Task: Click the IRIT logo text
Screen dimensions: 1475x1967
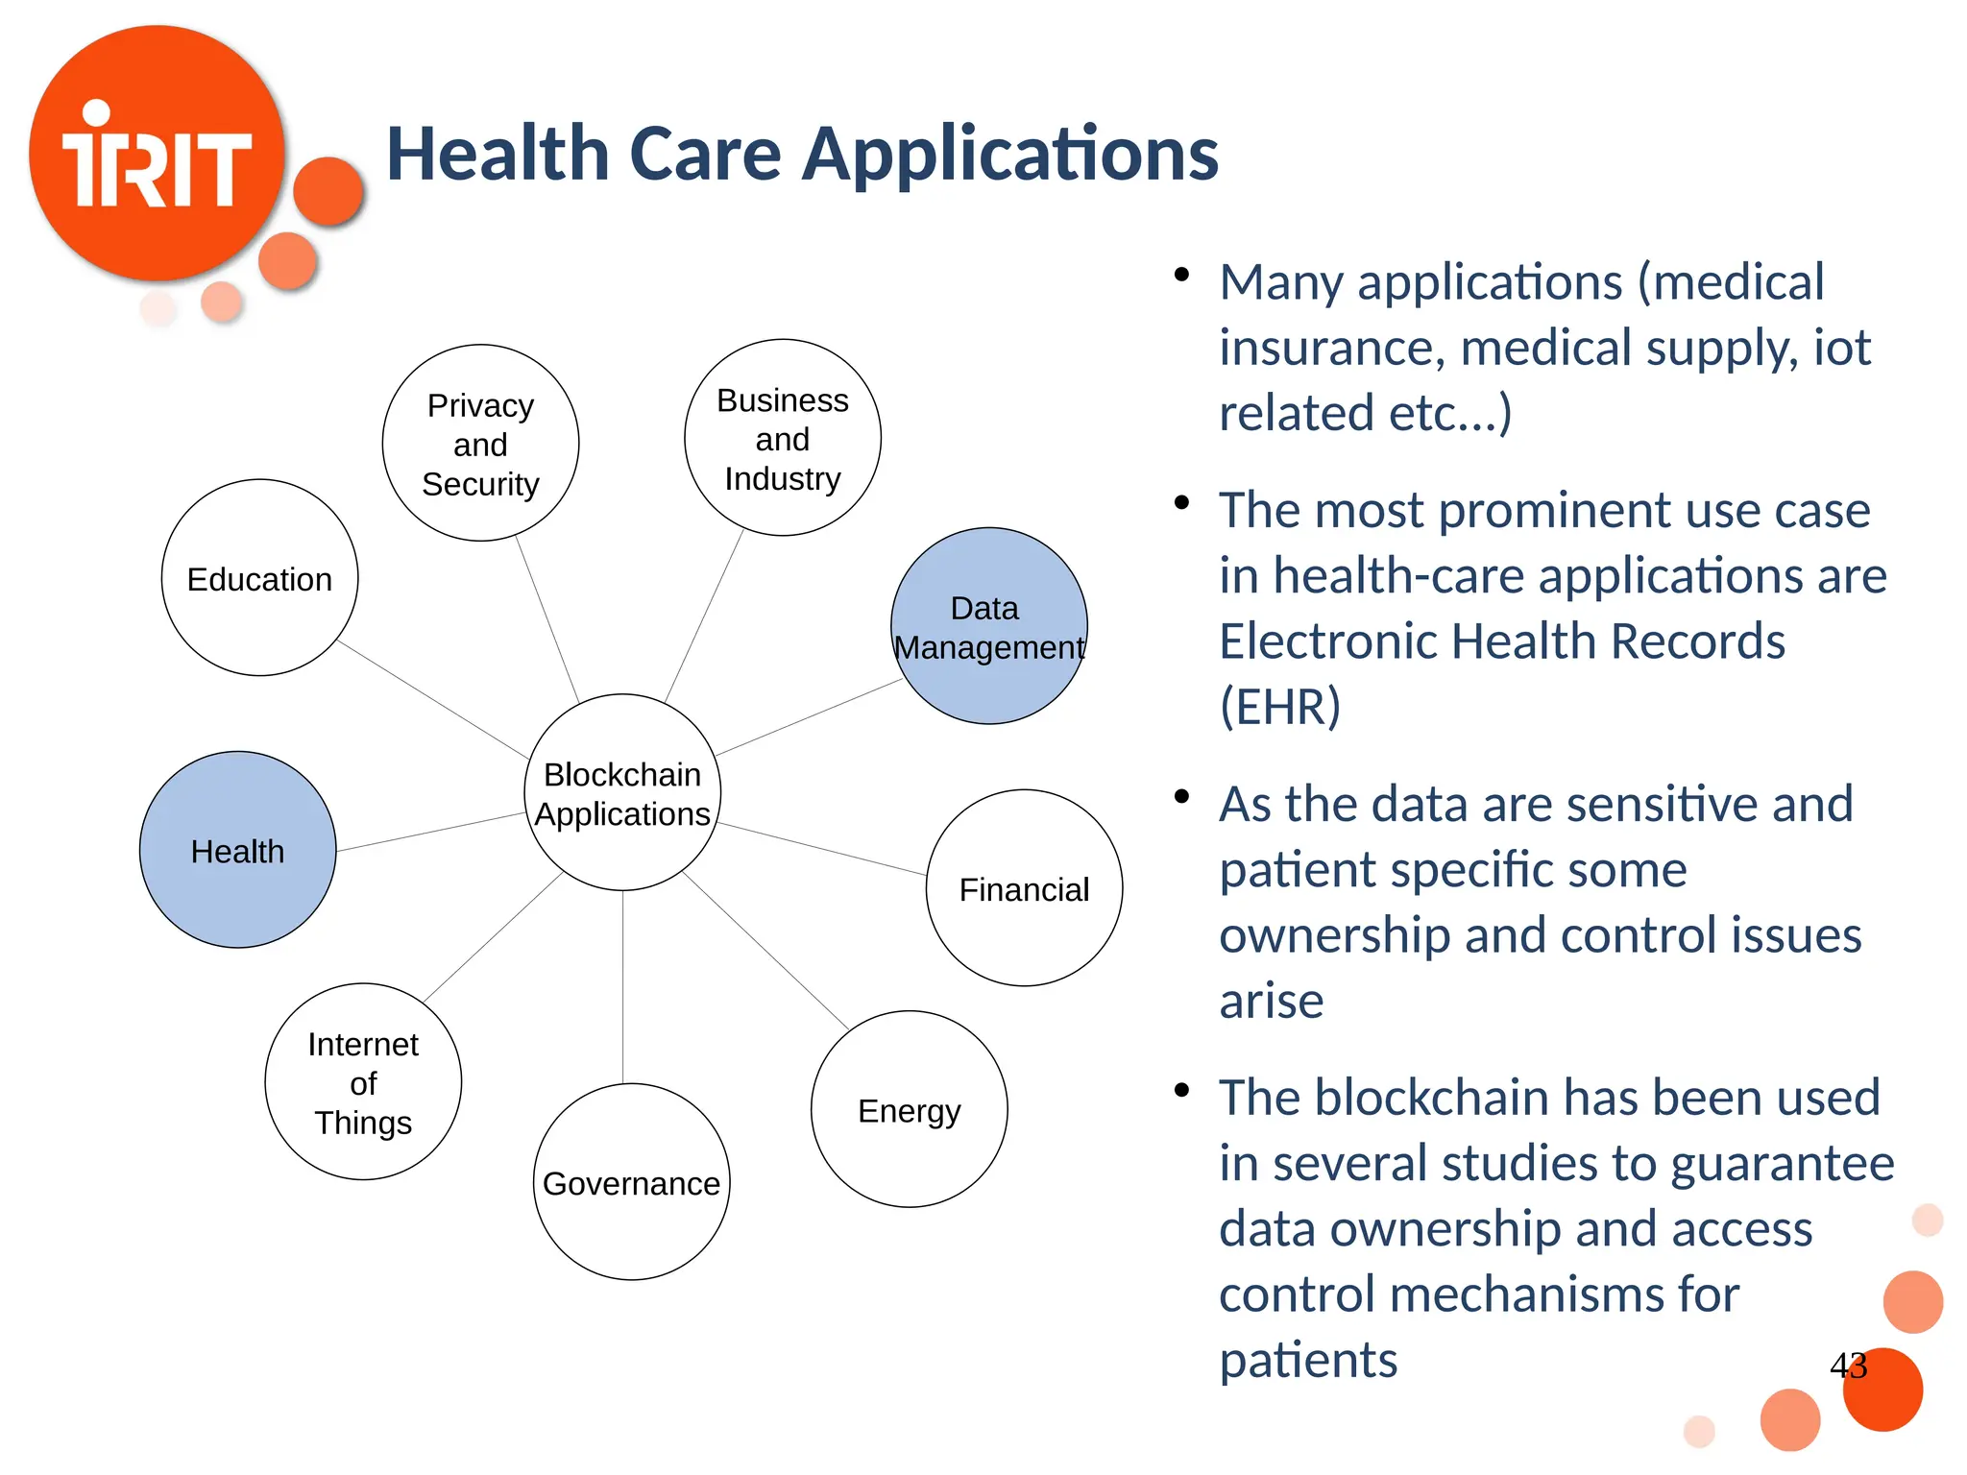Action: tap(157, 165)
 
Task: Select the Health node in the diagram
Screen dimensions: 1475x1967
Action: tap(237, 851)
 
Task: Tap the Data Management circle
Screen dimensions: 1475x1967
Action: tap(988, 626)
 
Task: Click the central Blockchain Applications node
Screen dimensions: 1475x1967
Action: tap(622, 793)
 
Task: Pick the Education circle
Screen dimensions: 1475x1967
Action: tap(259, 579)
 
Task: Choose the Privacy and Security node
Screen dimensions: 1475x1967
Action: tap(480, 444)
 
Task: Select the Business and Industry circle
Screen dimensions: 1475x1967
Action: tap(782, 439)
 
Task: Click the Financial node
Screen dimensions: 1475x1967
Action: tap(1024, 889)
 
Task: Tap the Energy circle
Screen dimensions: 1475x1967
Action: tap(909, 1110)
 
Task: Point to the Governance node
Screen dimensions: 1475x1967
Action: tap(631, 1183)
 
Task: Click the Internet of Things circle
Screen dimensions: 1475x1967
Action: tap(363, 1082)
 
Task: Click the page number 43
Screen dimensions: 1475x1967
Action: tap(1848, 1365)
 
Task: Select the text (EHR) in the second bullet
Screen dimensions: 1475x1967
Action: tap(1279, 708)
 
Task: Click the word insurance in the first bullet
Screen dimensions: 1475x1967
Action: tap(1331, 349)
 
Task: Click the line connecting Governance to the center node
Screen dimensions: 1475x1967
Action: tap(622, 989)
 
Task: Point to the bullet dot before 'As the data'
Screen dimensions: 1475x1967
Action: tap(1181, 796)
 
